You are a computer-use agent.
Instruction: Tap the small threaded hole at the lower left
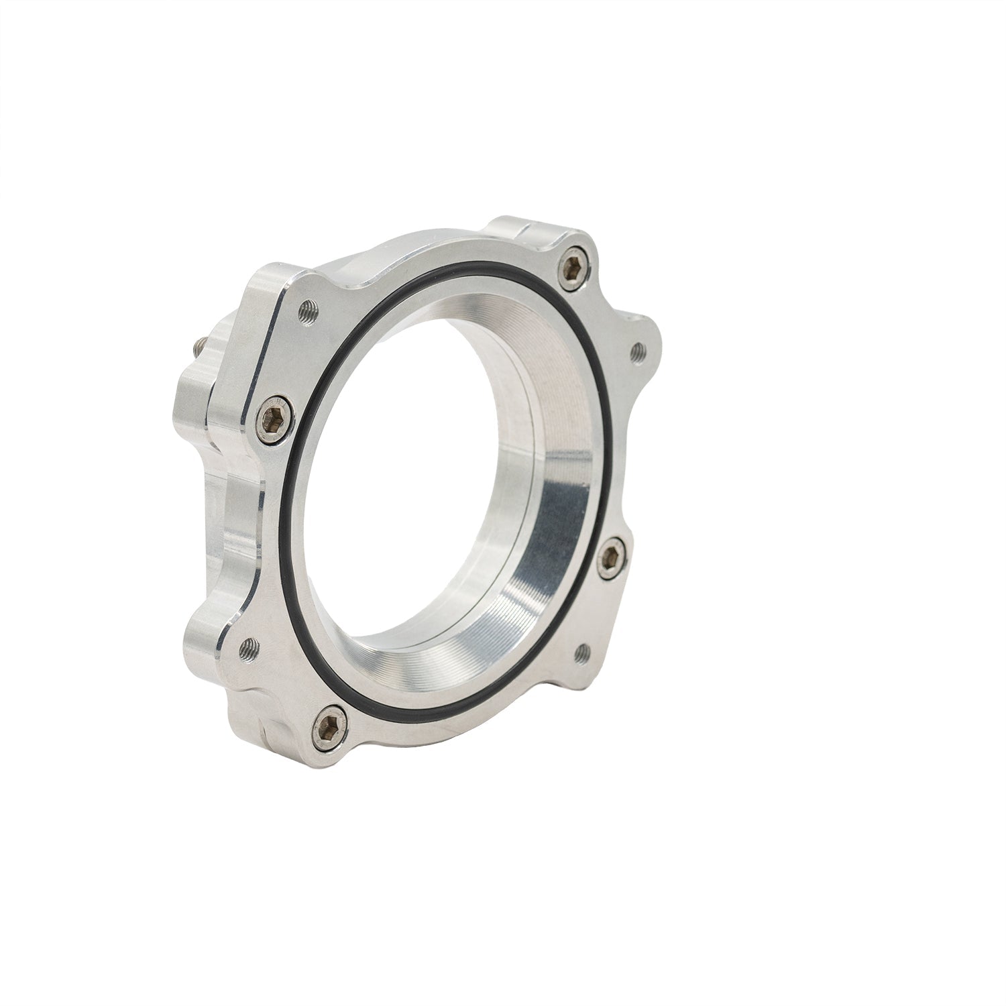click(251, 646)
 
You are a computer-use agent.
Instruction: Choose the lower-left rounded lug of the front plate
click(215, 637)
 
